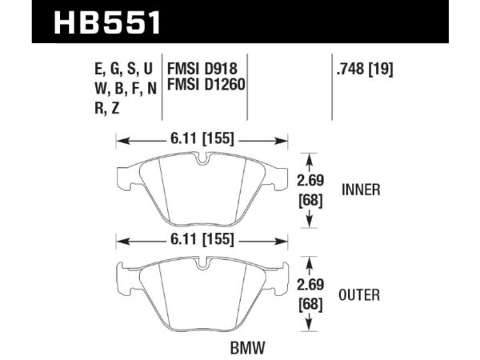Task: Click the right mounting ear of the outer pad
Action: (x=281, y=272)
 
